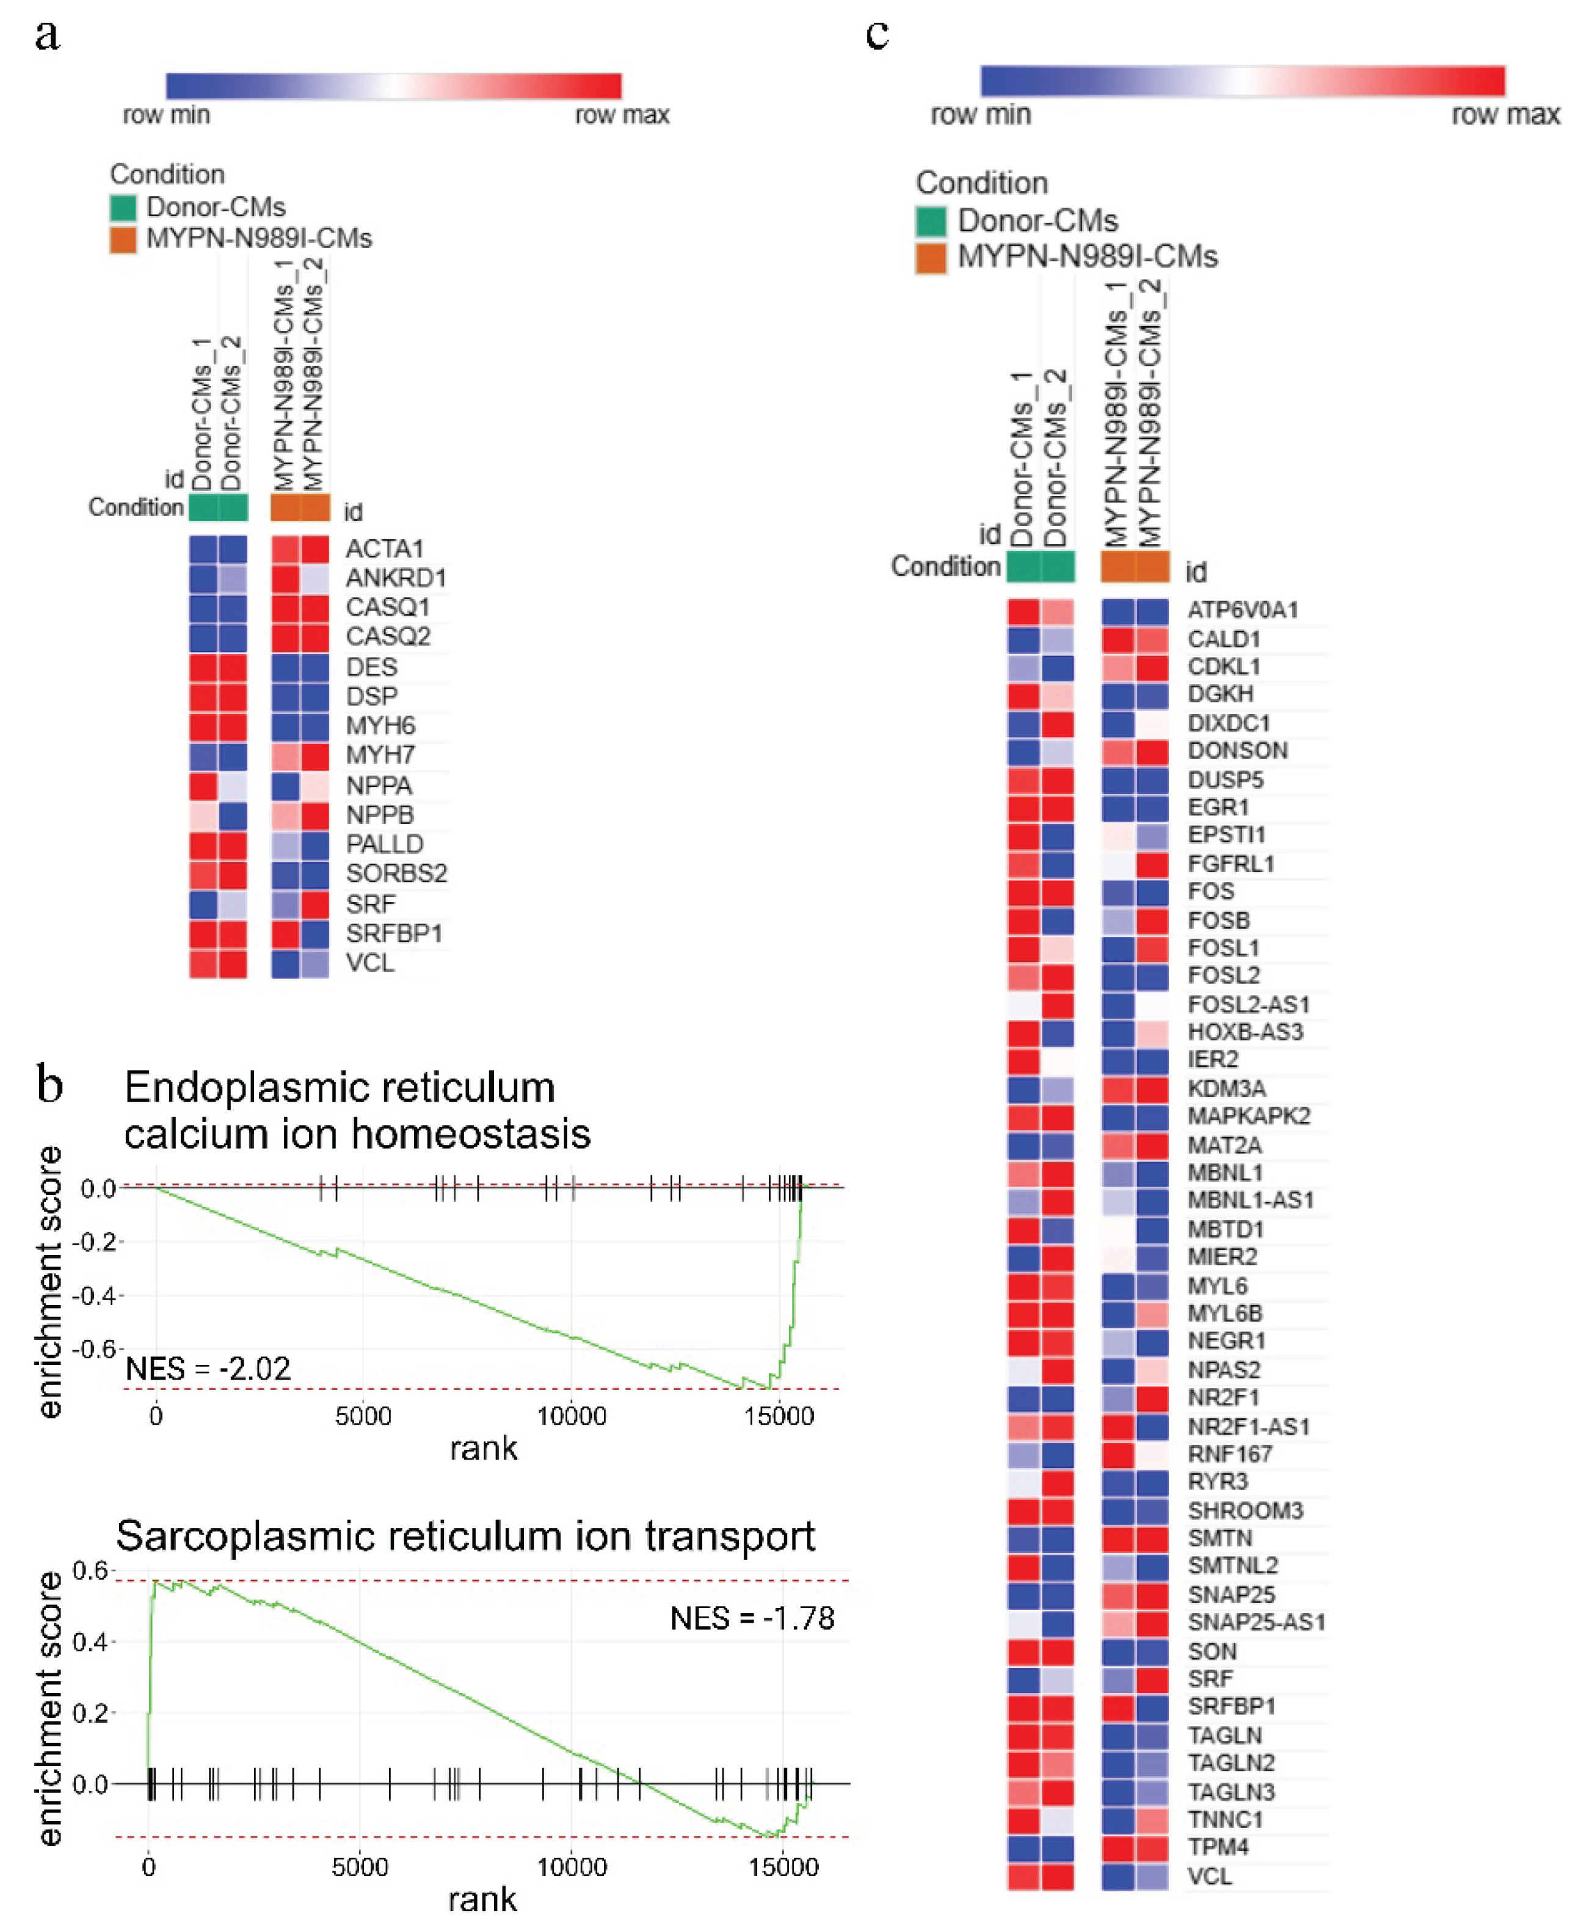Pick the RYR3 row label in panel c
coord(1218,1482)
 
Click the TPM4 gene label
coord(1218,1846)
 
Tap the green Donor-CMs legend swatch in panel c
coord(931,221)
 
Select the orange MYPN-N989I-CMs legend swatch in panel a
coord(123,239)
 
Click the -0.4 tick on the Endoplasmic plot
coord(98,1295)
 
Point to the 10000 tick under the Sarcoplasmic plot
coord(572,1868)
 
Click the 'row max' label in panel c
coord(1505,115)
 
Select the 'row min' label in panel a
coord(166,115)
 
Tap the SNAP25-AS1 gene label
coord(1256,1622)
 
